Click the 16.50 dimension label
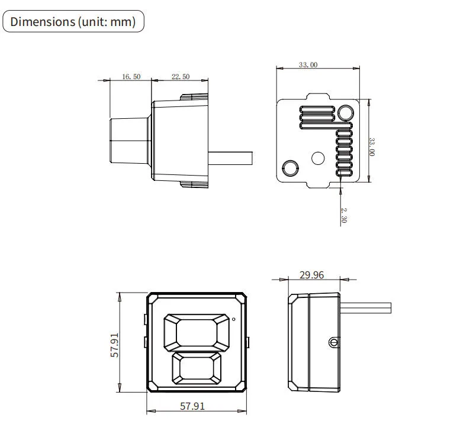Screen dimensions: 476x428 point(131,77)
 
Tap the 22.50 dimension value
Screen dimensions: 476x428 point(181,77)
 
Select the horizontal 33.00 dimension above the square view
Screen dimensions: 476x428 point(308,64)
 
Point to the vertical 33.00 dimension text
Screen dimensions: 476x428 point(372,147)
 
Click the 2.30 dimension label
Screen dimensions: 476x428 point(343,215)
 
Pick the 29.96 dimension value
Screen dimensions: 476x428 point(312,275)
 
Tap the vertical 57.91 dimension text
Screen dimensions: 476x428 point(115,345)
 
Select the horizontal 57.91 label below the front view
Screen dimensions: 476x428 point(192,406)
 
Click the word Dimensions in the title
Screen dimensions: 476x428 point(43,21)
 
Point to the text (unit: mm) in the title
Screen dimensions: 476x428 point(107,22)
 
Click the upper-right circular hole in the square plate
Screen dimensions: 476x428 point(346,113)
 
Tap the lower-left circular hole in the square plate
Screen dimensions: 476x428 point(290,168)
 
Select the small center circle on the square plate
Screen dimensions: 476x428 point(318,158)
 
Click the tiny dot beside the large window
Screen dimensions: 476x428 point(233,319)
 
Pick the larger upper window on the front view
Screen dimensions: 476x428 point(197,332)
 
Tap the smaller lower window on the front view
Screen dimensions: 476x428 point(197,368)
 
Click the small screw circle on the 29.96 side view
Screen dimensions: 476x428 point(333,343)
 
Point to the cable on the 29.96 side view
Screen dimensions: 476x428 point(365,307)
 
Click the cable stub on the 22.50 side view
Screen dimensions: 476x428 point(230,158)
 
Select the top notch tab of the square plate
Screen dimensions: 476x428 point(318,96)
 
